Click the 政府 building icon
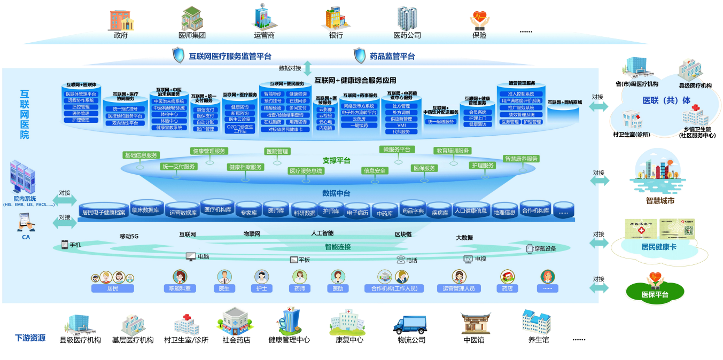121,19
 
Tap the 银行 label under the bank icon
336,35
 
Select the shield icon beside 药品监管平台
360,55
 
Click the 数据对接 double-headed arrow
307,68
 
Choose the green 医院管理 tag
277,152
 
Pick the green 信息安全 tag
375,171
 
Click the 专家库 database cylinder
248,212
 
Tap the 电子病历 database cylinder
357,213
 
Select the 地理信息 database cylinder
504,212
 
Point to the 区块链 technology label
403,234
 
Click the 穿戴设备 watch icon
530,248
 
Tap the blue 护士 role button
261,288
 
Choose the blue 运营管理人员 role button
458,288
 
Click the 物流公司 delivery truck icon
410,324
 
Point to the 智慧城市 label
660,201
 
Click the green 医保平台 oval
655,293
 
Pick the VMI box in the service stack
401,126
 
